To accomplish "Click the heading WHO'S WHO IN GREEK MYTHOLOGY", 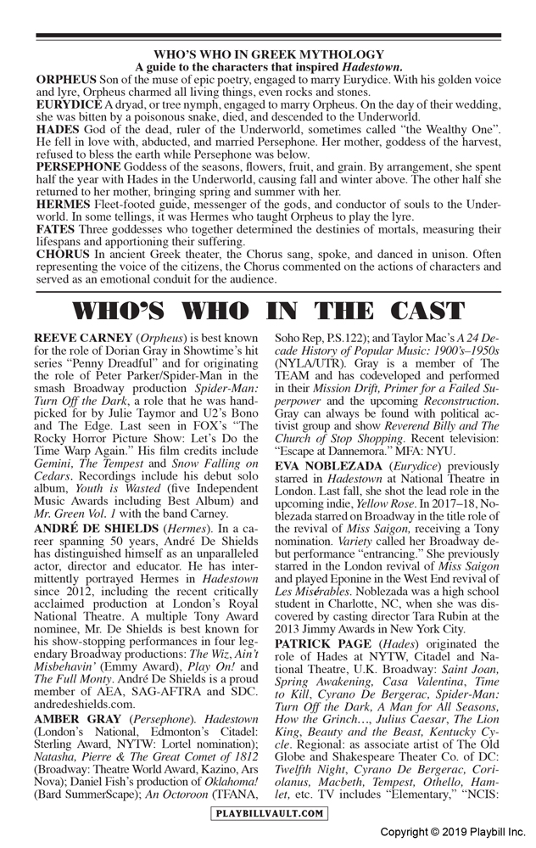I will pos(268,53).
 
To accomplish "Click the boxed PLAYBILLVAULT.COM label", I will pos(268,813).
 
